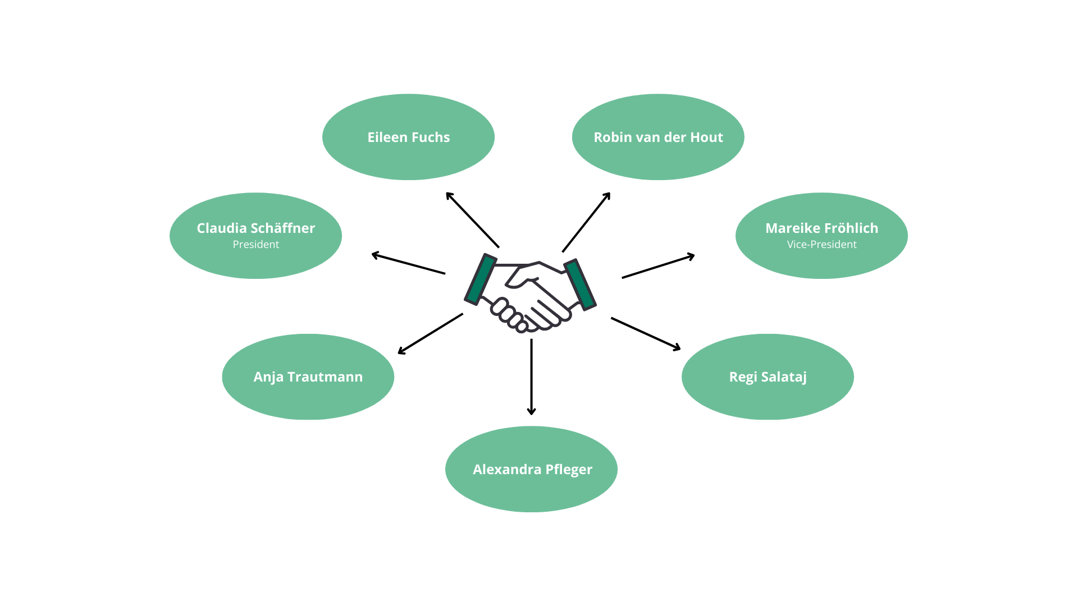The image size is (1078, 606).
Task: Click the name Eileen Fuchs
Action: (408, 137)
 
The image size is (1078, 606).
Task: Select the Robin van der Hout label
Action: (658, 137)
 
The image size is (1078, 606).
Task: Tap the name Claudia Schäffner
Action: (255, 228)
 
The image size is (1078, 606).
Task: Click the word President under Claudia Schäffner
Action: (255, 245)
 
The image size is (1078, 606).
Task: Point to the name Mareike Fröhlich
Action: (821, 228)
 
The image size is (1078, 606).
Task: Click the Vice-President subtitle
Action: (821, 245)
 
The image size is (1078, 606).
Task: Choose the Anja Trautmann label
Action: (308, 377)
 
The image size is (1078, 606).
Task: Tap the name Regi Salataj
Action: (768, 377)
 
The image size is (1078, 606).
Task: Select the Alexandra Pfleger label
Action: (532, 470)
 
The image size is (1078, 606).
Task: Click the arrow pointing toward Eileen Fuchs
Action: (472, 220)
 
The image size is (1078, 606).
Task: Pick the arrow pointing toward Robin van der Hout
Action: (586, 222)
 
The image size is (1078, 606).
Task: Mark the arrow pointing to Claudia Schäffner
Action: (408, 264)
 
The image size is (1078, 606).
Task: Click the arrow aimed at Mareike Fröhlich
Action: (659, 266)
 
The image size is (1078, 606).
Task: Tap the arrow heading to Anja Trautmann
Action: (431, 334)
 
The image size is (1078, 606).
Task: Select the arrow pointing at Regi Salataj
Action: (646, 334)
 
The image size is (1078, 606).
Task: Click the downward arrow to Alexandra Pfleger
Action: (531, 377)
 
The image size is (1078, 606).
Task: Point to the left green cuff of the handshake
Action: (481, 279)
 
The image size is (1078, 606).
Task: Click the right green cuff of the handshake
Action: (580, 284)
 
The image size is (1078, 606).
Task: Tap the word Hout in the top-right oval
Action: (706, 137)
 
